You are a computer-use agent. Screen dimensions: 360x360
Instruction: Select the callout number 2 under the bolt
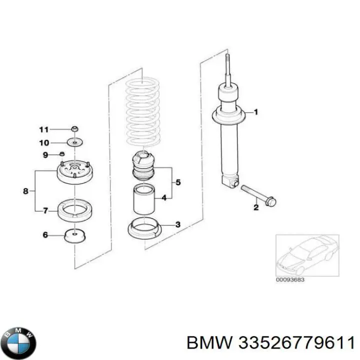tap(255, 208)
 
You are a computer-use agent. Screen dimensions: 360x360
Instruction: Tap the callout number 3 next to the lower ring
tap(178, 225)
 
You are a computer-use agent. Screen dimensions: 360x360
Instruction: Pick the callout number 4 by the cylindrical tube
tap(163, 198)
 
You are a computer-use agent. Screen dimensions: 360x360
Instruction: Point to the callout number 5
tap(178, 181)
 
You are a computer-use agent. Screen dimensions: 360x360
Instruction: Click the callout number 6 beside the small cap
tap(45, 234)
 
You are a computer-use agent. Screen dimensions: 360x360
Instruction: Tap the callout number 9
tap(44, 155)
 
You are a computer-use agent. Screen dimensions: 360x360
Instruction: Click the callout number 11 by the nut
tap(44, 129)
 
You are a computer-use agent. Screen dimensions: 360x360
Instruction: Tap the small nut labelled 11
tap(73, 129)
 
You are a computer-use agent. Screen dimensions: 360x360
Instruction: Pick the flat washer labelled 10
tap(74, 143)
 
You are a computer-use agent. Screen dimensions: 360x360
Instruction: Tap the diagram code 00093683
tap(289, 279)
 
